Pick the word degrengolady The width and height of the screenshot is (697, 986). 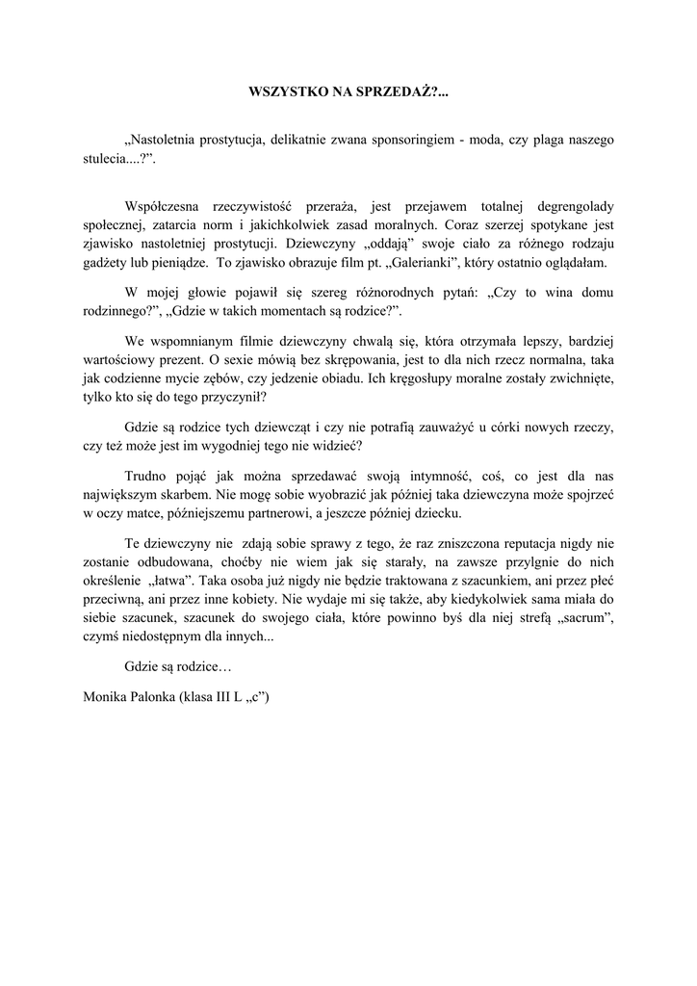click(566, 206)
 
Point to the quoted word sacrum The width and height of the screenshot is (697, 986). click(585, 618)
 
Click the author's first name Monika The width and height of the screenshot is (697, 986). click(106, 696)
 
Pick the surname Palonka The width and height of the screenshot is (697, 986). click(156, 696)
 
